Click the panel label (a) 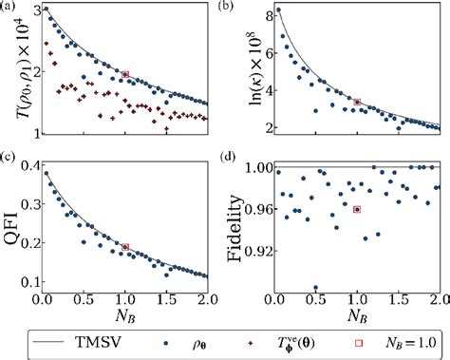(9, 7)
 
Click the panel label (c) (9, 155)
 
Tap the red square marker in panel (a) (125, 74)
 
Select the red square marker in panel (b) (357, 102)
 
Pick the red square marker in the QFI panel (125, 247)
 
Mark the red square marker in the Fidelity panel (357, 209)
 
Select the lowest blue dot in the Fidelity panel (316, 287)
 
